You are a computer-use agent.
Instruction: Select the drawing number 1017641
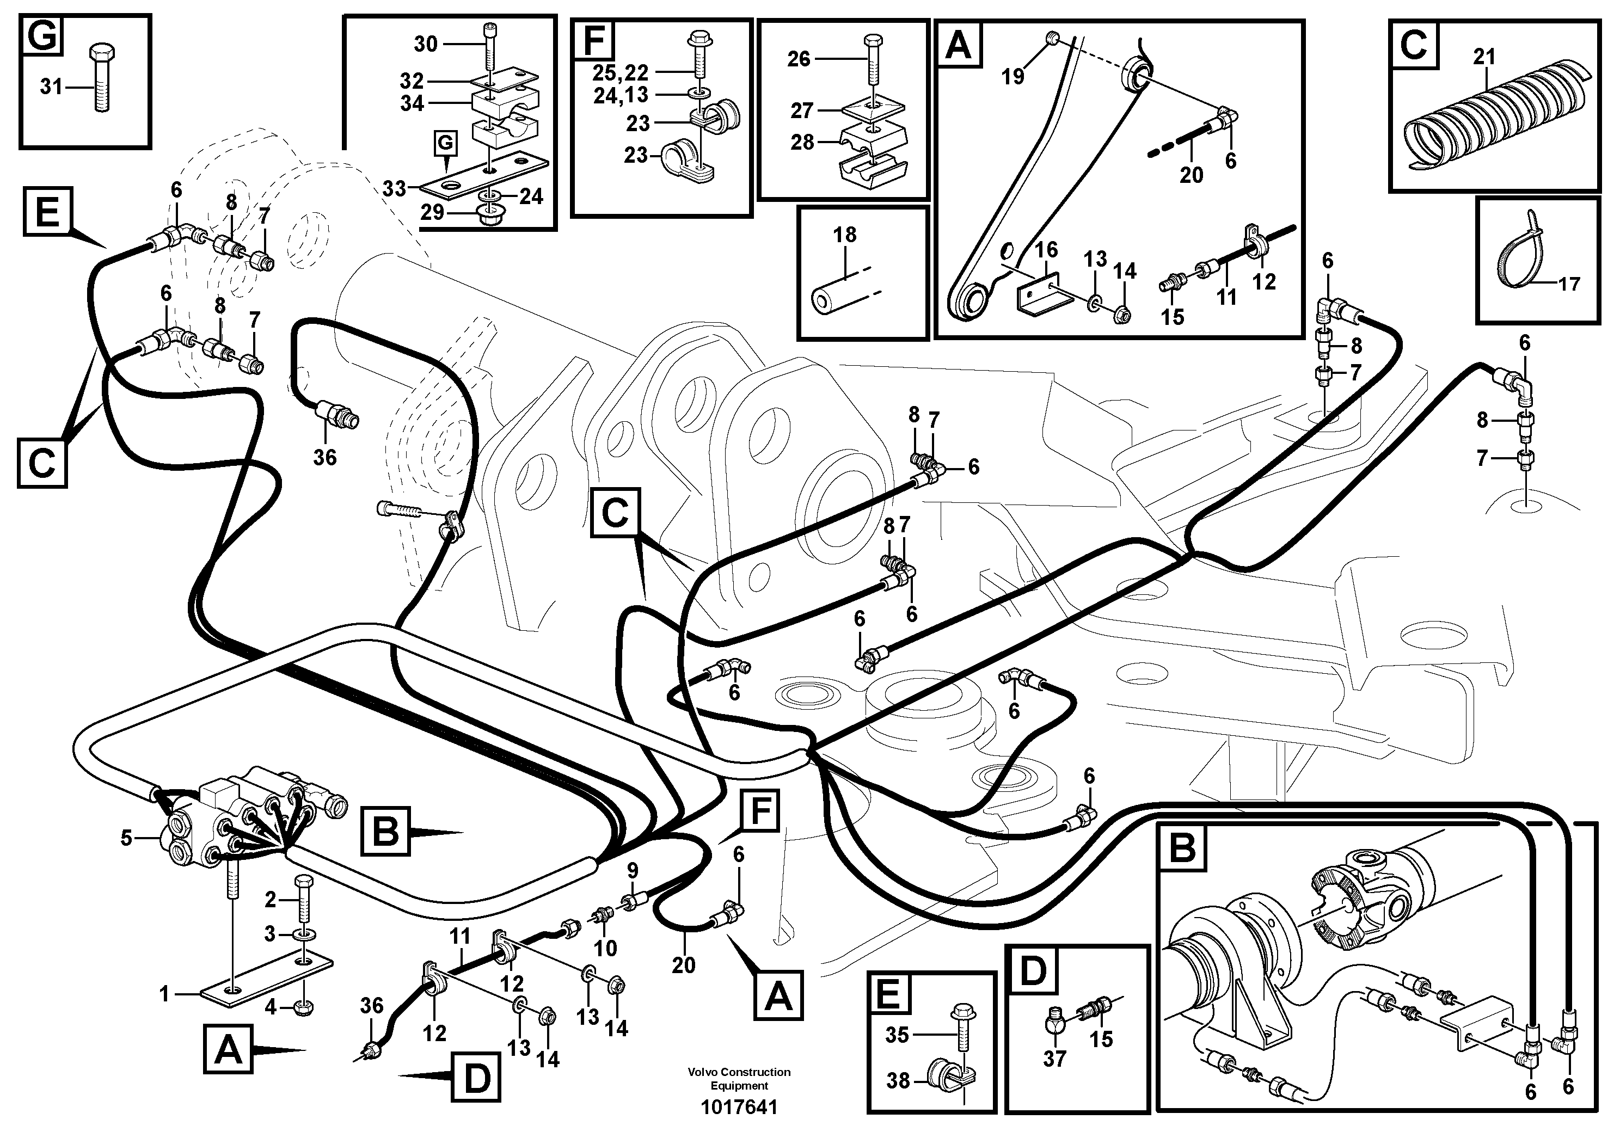pyautogui.click(x=739, y=1108)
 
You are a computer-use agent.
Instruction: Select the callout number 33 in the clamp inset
pyautogui.click(x=395, y=188)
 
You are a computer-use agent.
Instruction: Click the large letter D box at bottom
pyautogui.click(x=477, y=1077)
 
